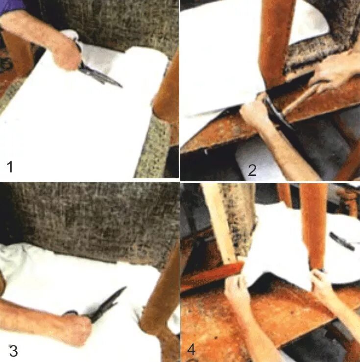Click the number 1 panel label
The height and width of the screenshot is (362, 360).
pos(10,167)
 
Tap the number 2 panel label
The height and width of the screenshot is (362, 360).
pos(252,170)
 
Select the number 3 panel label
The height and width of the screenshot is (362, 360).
pos(13,351)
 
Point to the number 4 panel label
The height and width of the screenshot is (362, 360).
pos(192,350)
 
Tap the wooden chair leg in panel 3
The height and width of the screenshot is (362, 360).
pos(159,300)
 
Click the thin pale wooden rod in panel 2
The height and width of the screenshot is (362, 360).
pos(300,99)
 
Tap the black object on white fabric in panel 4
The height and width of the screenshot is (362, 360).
pos(342,241)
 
